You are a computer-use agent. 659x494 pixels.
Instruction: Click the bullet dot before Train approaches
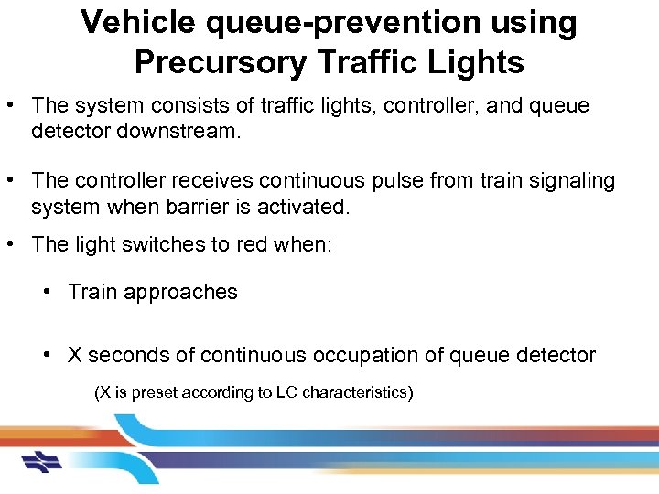[47, 292]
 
